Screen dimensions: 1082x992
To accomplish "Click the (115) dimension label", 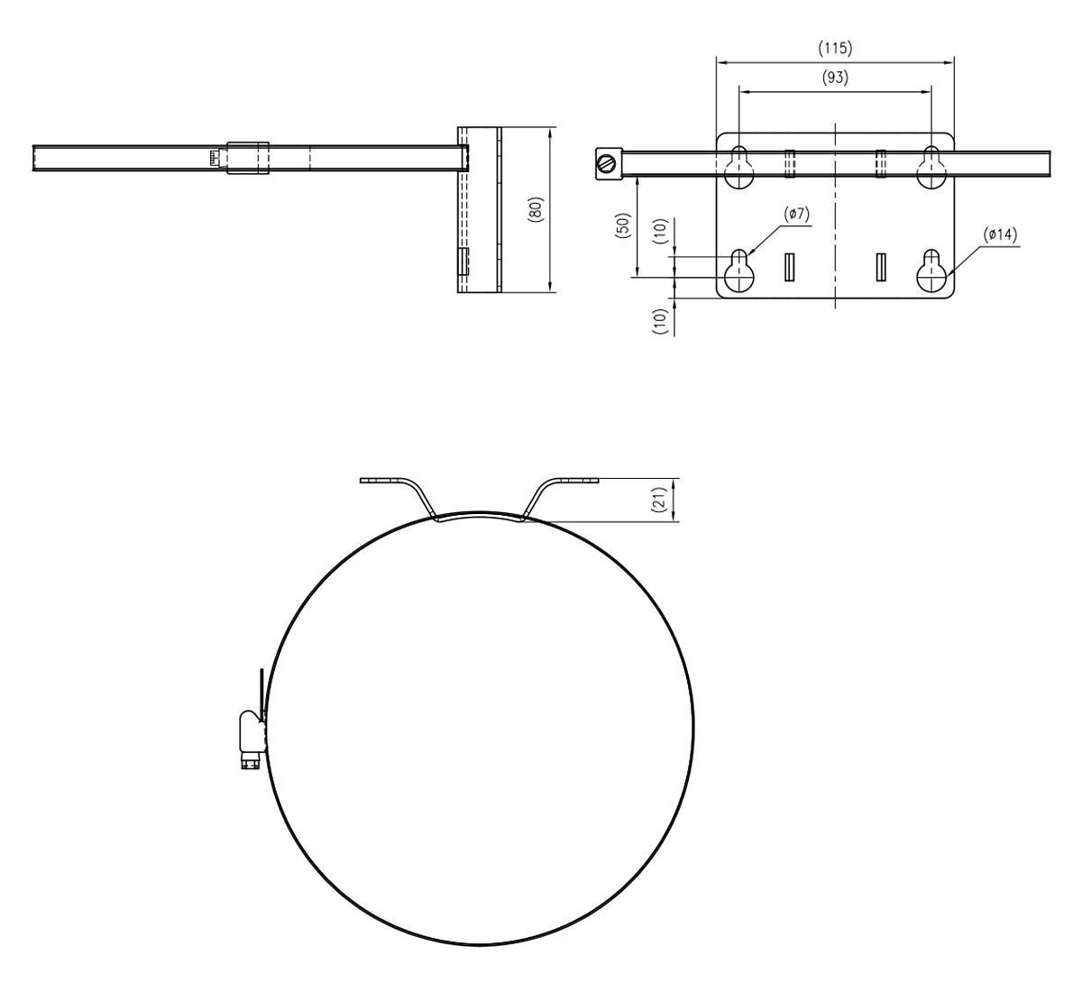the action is [x=835, y=49].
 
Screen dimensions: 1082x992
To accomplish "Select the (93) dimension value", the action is [x=835, y=78].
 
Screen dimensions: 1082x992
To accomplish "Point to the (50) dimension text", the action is [x=622, y=225].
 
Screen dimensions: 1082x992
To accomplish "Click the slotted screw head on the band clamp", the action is [x=608, y=163].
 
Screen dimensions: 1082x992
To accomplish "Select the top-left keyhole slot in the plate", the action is [x=739, y=168].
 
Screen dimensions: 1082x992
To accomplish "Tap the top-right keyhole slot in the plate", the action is [x=932, y=168].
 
